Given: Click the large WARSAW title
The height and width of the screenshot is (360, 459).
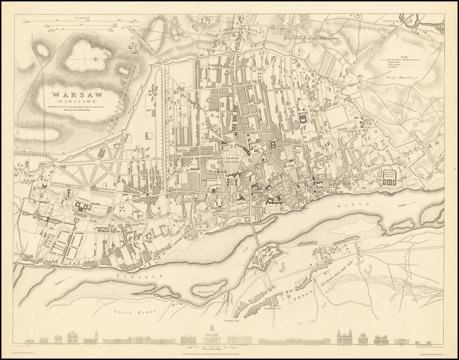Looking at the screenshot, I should [77, 94].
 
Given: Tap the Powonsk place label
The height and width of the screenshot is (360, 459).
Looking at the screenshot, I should [393, 21].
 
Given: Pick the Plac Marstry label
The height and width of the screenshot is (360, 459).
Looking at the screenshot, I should [401, 78].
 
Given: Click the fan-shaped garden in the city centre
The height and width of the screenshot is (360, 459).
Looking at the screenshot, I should [237, 157].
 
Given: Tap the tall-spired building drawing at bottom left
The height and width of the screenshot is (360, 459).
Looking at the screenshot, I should [96, 336].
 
